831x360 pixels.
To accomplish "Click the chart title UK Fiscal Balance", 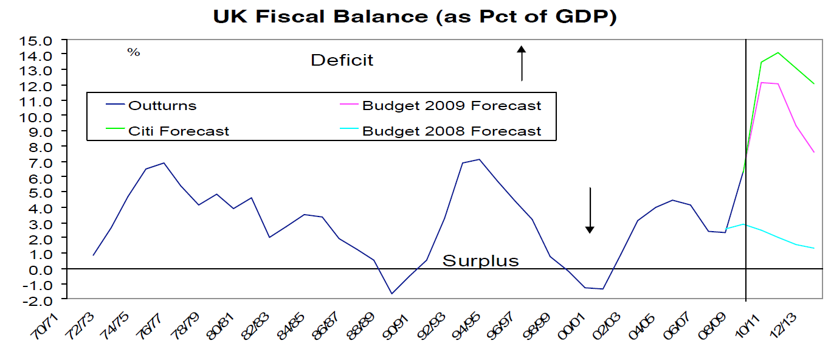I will [x=415, y=16].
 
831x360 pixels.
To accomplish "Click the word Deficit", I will [x=342, y=60].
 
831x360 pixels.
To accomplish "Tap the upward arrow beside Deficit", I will [x=521, y=63].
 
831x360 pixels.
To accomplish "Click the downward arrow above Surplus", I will [x=589, y=210].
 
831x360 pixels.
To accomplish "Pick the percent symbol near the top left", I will [x=134, y=52].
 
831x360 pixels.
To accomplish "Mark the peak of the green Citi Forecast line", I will [x=778, y=52].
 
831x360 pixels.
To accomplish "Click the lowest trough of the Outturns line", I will [x=392, y=294].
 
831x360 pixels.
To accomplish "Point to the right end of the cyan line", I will [x=814, y=248].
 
